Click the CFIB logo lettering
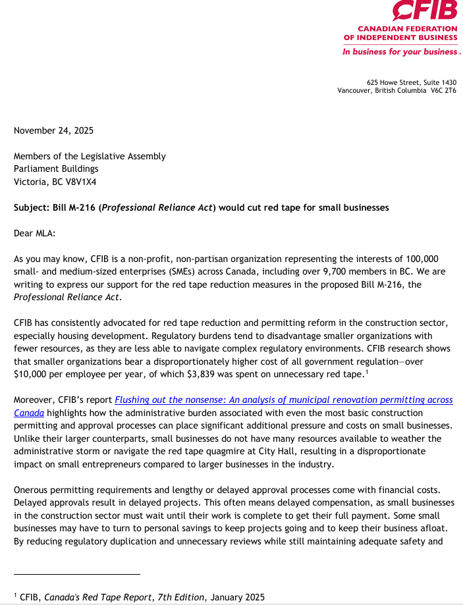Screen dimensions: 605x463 (424, 11)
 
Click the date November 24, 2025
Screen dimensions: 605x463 (53, 130)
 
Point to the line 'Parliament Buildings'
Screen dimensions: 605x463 (57, 169)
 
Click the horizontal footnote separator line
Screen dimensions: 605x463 (77, 574)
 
